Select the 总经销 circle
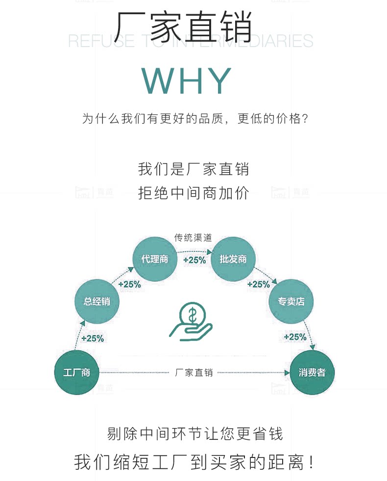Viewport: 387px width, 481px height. [x=97, y=301]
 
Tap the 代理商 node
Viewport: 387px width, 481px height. [x=155, y=259]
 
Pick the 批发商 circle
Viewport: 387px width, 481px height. [x=233, y=259]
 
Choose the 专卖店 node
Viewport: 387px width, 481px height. [x=291, y=301]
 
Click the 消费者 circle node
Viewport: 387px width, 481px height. [x=312, y=373]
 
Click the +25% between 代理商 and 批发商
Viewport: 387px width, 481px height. [x=194, y=260]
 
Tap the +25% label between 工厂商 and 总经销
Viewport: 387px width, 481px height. [x=92, y=338]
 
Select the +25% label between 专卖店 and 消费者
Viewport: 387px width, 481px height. [x=295, y=337]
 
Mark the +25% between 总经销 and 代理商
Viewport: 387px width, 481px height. [x=129, y=284]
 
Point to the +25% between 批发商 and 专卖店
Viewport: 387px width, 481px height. [x=258, y=284]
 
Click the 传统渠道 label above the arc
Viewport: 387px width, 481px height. [x=193, y=238]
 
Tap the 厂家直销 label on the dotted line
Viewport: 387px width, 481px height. [x=194, y=373]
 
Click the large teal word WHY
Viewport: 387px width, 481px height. [x=187, y=81]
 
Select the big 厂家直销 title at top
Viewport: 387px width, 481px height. [x=184, y=25]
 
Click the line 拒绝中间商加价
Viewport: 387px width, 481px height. [x=193, y=193]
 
